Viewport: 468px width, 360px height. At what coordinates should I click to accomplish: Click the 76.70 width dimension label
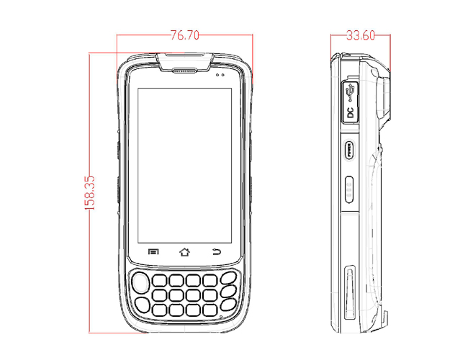(184, 35)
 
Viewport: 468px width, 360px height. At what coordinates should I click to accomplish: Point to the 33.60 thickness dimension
(360, 35)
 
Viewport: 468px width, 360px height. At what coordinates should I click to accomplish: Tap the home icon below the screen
(184, 252)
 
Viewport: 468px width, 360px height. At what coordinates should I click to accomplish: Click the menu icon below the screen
(153, 252)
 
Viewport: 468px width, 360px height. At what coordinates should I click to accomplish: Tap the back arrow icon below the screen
(217, 252)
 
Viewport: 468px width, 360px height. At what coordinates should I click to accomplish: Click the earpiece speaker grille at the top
(185, 71)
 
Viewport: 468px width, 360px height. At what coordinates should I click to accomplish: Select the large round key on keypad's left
(142, 280)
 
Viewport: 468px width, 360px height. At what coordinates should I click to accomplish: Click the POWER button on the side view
(349, 151)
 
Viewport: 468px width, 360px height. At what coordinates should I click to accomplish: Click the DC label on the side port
(350, 112)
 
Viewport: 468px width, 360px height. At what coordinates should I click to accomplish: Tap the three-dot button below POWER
(349, 187)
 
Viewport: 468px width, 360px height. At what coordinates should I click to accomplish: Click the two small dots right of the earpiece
(220, 74)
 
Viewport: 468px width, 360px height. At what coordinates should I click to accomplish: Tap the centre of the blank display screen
(184, 164)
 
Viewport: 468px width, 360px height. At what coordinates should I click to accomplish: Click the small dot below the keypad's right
(219, 315)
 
